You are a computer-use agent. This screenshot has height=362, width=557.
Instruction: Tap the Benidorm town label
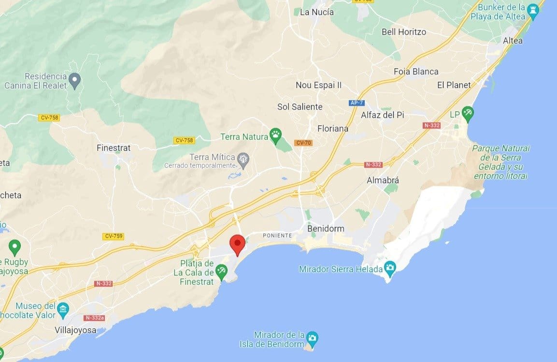(x=326, y=228)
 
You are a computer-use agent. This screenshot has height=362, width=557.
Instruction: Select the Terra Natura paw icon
(x=276, y=136)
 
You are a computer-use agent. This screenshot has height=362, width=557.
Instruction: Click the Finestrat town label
(x=114, y=148)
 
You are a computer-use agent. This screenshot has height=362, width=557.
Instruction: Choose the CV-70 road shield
(x=303, y=143)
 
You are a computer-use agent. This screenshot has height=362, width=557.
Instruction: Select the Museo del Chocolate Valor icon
(x=63, y=308)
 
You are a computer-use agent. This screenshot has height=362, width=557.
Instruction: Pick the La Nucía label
(x=317, y=12)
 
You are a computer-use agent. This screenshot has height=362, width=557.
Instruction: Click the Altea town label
(x=513, y=41)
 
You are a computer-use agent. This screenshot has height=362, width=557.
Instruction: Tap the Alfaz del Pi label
(x=382, y=115)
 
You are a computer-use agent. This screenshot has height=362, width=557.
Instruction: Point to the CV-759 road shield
(x=113, y=236)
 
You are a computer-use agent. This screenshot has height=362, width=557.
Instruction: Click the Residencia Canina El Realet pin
(x=74, y=78)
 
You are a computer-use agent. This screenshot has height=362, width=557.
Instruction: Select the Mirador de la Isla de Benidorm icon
(x=312, y=337)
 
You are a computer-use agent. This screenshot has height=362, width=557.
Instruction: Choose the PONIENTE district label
(x=277, y=235)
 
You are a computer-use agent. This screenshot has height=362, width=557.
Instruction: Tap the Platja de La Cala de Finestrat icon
(x=221, y=271)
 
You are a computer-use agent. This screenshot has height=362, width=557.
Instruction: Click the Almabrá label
(x=383, y=180)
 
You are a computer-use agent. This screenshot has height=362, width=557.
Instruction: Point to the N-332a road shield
(x=94, y=318)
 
